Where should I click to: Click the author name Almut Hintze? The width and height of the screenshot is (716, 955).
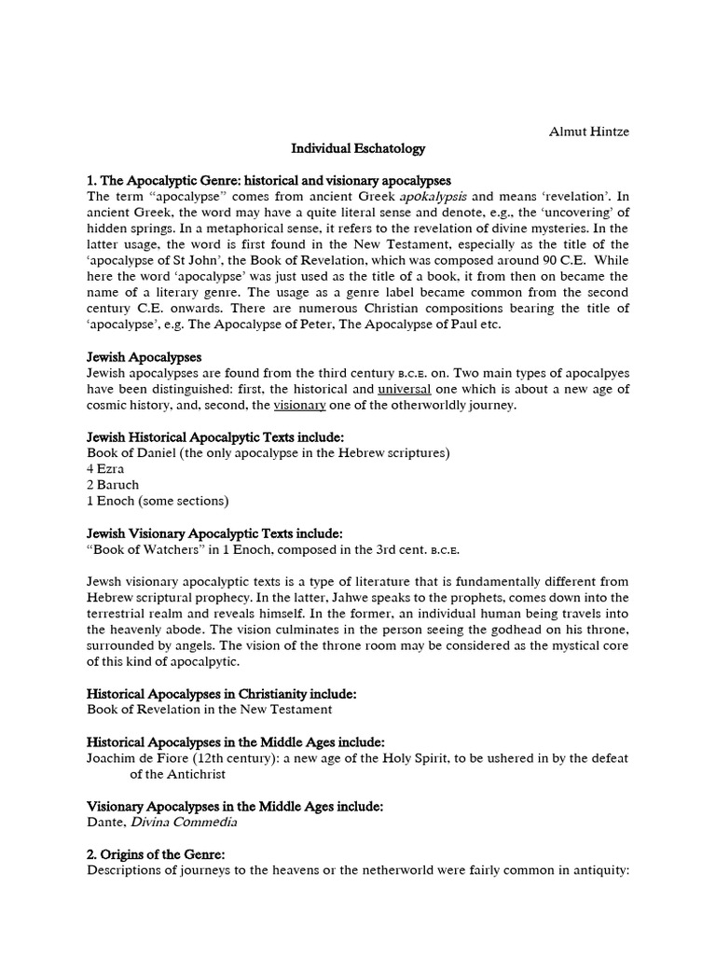point(588,131)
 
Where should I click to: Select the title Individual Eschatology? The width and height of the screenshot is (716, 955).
point(358,148)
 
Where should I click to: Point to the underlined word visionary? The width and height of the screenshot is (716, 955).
point(299,405)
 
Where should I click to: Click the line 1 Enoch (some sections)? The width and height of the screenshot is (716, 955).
point(158,501)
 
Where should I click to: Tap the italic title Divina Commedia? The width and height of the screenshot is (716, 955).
point(184,822)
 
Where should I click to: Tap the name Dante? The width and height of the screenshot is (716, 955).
point(105,822)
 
